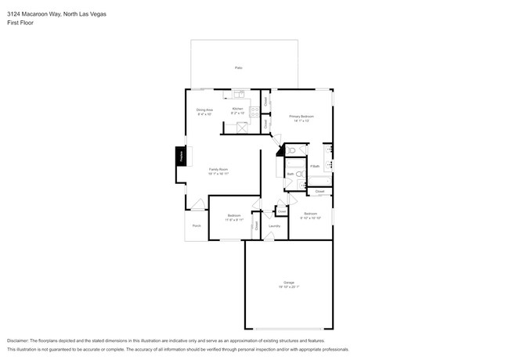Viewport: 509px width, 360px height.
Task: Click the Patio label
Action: click(x=238, y=69)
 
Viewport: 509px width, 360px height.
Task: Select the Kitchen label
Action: click(x=237, y=109)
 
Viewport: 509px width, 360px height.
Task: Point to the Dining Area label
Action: click(x=204, y=110)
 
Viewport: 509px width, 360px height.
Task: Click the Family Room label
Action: click(x=218, y=169)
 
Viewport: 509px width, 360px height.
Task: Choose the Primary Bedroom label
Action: click(x=301, y=117)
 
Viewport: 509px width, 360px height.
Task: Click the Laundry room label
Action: click(x=274, y=226)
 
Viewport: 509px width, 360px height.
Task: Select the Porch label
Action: click(x=197, y=225)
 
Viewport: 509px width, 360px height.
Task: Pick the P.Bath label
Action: click(x=315, y=166)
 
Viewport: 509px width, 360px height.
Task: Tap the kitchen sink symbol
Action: click(x=238, y=95)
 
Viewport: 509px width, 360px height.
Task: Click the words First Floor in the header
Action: click(x=20, y=23)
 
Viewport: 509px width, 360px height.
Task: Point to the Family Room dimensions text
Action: click(x=218, y=174)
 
